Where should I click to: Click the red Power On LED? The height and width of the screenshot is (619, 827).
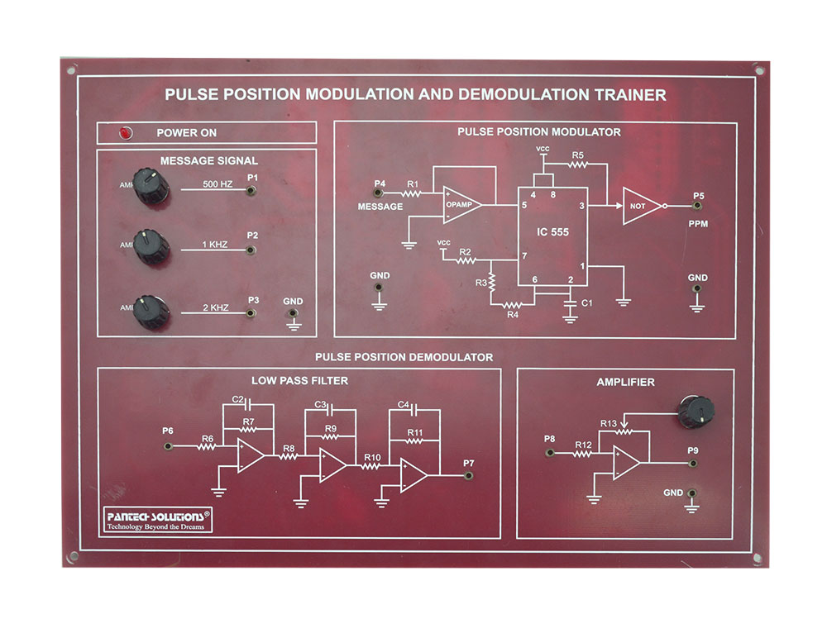pyautogui.click(x=126, y=132)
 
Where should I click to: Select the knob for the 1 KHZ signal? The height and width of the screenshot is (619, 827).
pyautogui.click(x=152, y=247)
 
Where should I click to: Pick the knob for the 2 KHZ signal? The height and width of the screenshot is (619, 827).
pyautogui.click(x=152, y=311)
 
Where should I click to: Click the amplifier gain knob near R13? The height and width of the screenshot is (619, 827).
pyautogui.click(x=693, y=412)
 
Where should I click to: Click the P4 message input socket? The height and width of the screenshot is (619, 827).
pyautogui.click(x=379, y=193)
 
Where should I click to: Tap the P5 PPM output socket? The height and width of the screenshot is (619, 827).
pyautogui.click(x=698, y=207)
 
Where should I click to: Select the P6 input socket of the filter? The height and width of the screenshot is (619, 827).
pyautogui.click(x=169, y=446)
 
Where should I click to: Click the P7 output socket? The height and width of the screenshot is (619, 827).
pyautogui.click(x=469, y=476)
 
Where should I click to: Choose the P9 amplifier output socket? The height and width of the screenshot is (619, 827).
pyautogui.click(x=693, y=464)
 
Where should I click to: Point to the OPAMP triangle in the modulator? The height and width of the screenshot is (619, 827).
pyautogui.click(x=460, y=204)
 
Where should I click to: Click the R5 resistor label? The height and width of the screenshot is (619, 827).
pyautogui.click(x=577, y=155)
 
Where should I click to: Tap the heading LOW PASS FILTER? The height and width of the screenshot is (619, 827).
pyautogui.click(x=299, y=380)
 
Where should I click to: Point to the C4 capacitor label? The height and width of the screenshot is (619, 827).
pyautogui.click(x=403, y=405)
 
